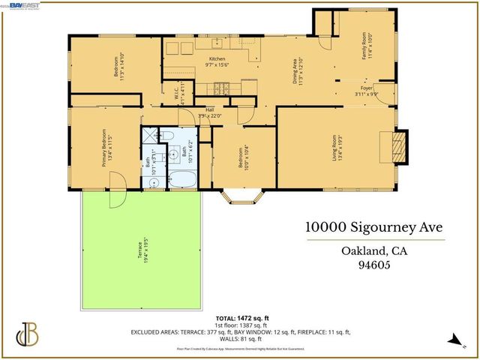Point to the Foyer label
(x=368, y=91)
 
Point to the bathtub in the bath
(x=182, y=179)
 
